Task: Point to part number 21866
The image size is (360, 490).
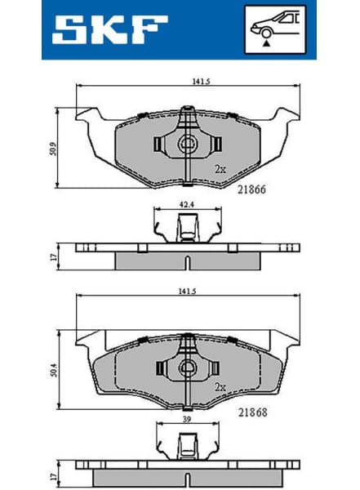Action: pyautogui.click(x=251, y=187)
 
